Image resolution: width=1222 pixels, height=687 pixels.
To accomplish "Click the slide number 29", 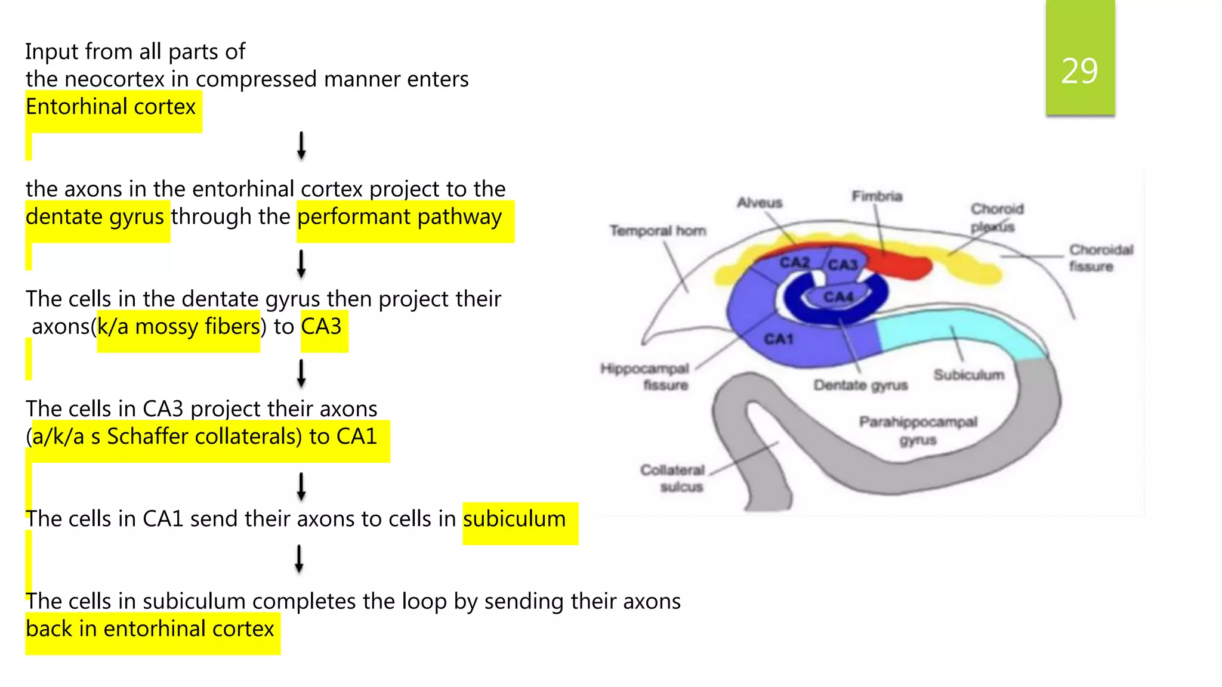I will (1079, 72).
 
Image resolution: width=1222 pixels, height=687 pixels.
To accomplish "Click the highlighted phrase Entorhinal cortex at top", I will (111, 107).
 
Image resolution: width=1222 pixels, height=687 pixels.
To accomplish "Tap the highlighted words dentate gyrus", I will (95, 217).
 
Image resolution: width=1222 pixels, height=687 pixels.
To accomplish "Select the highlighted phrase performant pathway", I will (400, 217).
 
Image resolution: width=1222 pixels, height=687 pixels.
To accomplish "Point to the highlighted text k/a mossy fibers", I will (178, 327).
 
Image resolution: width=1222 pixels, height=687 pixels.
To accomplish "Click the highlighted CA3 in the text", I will (322, 327).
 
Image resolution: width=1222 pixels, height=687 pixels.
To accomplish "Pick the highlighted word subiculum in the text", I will (514, 519).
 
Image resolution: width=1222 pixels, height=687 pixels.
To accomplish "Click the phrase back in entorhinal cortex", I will (150, 629).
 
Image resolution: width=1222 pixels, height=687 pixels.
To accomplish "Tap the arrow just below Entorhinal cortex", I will (301, 146).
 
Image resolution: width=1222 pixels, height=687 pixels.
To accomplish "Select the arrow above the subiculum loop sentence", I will (299, 559).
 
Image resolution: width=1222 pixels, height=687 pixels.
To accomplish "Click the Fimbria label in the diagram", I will (877, 196).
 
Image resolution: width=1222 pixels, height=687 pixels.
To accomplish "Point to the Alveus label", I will (759, 203).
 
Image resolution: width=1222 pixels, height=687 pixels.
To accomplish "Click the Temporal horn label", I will (658, 231).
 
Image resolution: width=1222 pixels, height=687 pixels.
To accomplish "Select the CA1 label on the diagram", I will (779, 339).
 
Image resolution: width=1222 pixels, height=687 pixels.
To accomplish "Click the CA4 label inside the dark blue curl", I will (838, 297).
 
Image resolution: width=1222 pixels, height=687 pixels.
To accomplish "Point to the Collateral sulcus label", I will (673, 478).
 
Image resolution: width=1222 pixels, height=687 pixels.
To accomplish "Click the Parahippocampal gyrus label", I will (918, 431).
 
